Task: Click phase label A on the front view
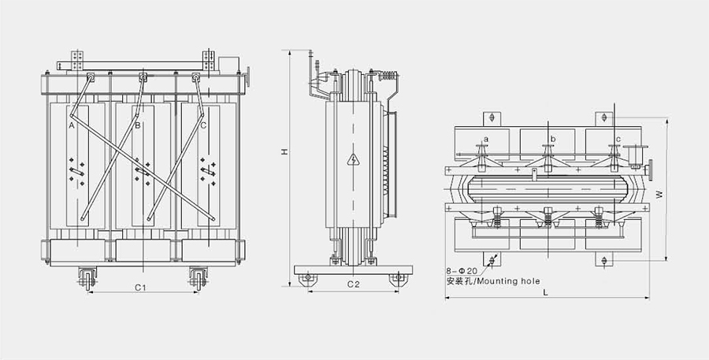pyautogui.click(x=72, y=125)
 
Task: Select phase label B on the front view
pyautogui.click(x=137, y=125)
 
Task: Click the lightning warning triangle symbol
pyautogui.click(x=354, y=161)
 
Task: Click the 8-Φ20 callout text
pyautogui.click(x=462, y=271)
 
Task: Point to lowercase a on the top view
pyautogui.click(x=486, y=139)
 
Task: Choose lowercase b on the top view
pyautogui.click(x=553, y=139)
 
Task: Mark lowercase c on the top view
pyautogui.click(x=618, y=139)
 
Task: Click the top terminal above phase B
pyautogui.click(x=143, y=77)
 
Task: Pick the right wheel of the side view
pyautogui.click(x=399, y=278)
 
